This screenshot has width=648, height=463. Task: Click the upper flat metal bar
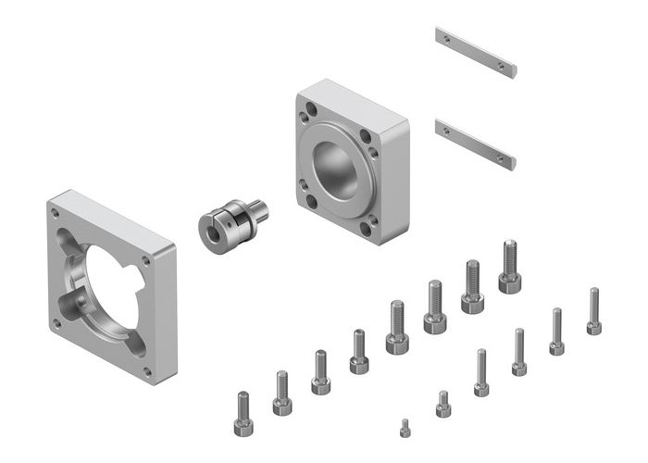coord(475,52)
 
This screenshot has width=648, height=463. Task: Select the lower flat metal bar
coord(474,144)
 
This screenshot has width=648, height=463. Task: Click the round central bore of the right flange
coord(336,169)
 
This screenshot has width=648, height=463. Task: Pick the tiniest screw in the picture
coord(405,428)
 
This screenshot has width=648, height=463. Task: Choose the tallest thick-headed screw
coord(509,268)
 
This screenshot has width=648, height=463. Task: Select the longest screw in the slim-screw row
coord(593,311)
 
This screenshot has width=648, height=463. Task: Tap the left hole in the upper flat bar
coord(448,39)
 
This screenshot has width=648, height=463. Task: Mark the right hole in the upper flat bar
coord(502,66)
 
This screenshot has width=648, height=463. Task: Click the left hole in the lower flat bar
coord(448,131)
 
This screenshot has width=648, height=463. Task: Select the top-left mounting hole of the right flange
coord(307,119)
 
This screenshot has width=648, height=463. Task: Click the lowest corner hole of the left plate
coord(146,371)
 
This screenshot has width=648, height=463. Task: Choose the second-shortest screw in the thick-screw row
coord(282,394)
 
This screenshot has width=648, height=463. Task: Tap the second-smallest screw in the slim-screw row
coord(442,405)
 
